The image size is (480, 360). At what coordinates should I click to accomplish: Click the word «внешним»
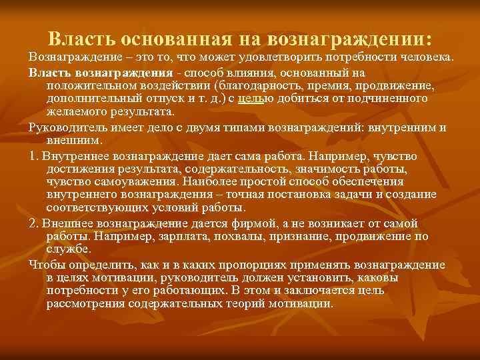point(75,141)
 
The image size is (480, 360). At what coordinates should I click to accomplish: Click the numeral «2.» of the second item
point(34,222)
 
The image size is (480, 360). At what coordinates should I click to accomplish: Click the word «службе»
point(68,249)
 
